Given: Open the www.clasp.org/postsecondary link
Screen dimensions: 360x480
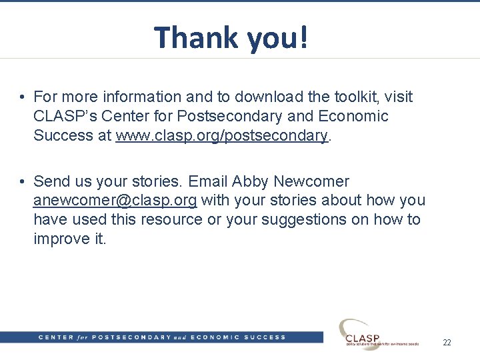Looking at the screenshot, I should coord(222,135).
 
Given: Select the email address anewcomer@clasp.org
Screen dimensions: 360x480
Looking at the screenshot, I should coord(115,201).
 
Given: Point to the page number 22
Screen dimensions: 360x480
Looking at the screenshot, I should coord(447,342).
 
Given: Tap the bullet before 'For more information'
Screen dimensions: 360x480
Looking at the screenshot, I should coord(23,97).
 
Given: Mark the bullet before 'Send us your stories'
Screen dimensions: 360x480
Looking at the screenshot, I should coord(23,182).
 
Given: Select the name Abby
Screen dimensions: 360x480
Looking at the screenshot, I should coord(250,181).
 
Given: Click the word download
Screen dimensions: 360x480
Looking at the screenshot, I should coord(256,97).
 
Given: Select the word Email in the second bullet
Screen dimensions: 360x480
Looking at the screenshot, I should coord(208,181).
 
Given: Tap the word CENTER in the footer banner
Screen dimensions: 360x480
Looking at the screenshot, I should coord(56,337).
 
